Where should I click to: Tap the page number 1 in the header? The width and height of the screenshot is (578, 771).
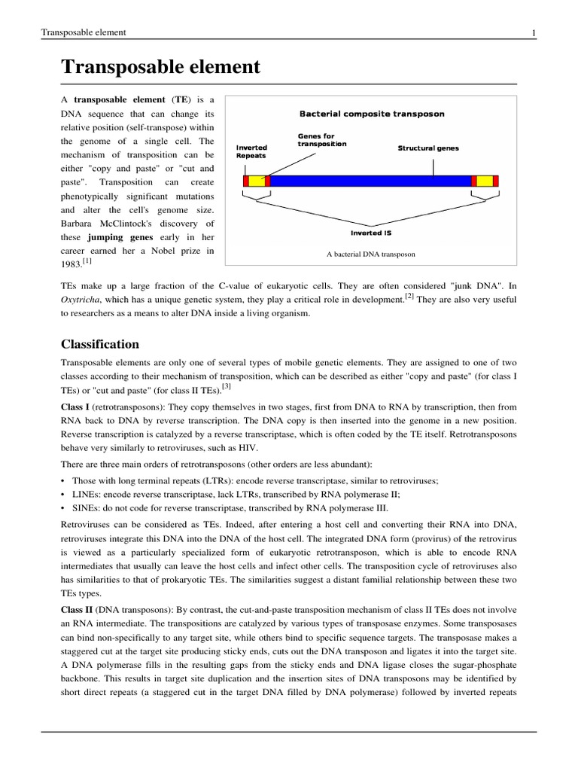(533, 32)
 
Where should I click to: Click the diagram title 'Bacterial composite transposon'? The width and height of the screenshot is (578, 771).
(372, 114)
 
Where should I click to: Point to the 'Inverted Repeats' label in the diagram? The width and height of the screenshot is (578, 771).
(251, 151)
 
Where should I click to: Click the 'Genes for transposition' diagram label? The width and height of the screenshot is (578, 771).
(321, 140)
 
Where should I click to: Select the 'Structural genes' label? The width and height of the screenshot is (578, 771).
(427, 148)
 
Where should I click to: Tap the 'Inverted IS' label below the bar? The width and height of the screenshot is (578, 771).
(371, 233)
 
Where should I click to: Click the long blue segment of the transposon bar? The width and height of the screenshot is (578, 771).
(369, 181)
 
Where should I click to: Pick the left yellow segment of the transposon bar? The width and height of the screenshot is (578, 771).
(257, 181)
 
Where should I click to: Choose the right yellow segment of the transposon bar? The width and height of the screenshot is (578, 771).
(484, 181)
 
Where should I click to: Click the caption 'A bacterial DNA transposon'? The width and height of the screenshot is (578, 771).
(371, 254)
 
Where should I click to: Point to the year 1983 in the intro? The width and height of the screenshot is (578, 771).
(71, 264)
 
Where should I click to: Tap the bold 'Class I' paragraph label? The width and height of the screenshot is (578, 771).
(75, 405)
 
